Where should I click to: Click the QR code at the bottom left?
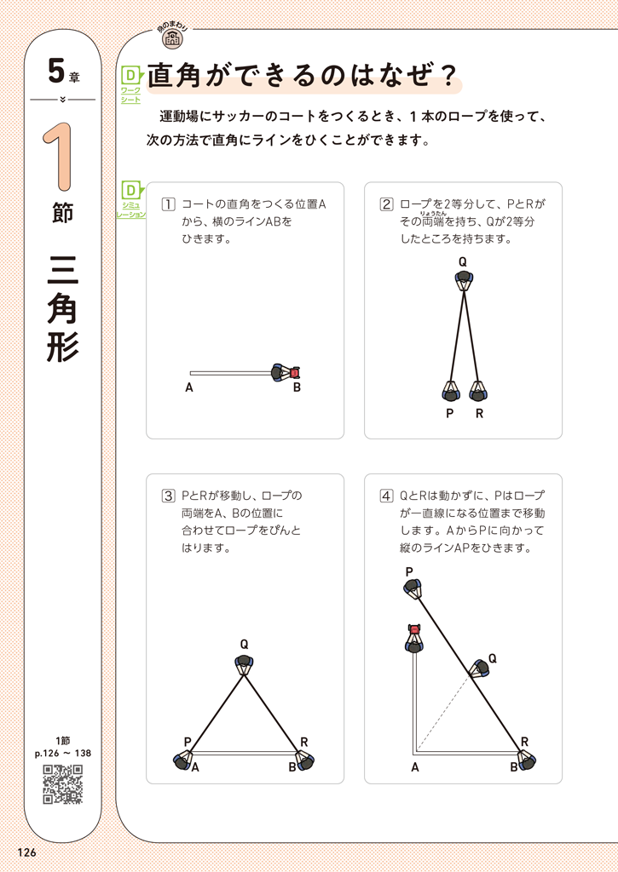click(63, 784)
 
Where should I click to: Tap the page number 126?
click(26, 853)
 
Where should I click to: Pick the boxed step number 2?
click(386, 204)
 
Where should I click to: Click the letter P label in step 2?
click(449, 414)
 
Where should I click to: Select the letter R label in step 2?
click(480, 414)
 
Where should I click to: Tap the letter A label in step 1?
click(188, 388)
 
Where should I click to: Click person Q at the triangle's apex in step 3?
click(245, 664)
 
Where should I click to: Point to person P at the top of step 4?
click(414, 588)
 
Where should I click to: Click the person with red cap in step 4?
click(414, 637)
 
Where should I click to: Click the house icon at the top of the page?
click(172, 37)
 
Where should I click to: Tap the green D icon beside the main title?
click(130, 76)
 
